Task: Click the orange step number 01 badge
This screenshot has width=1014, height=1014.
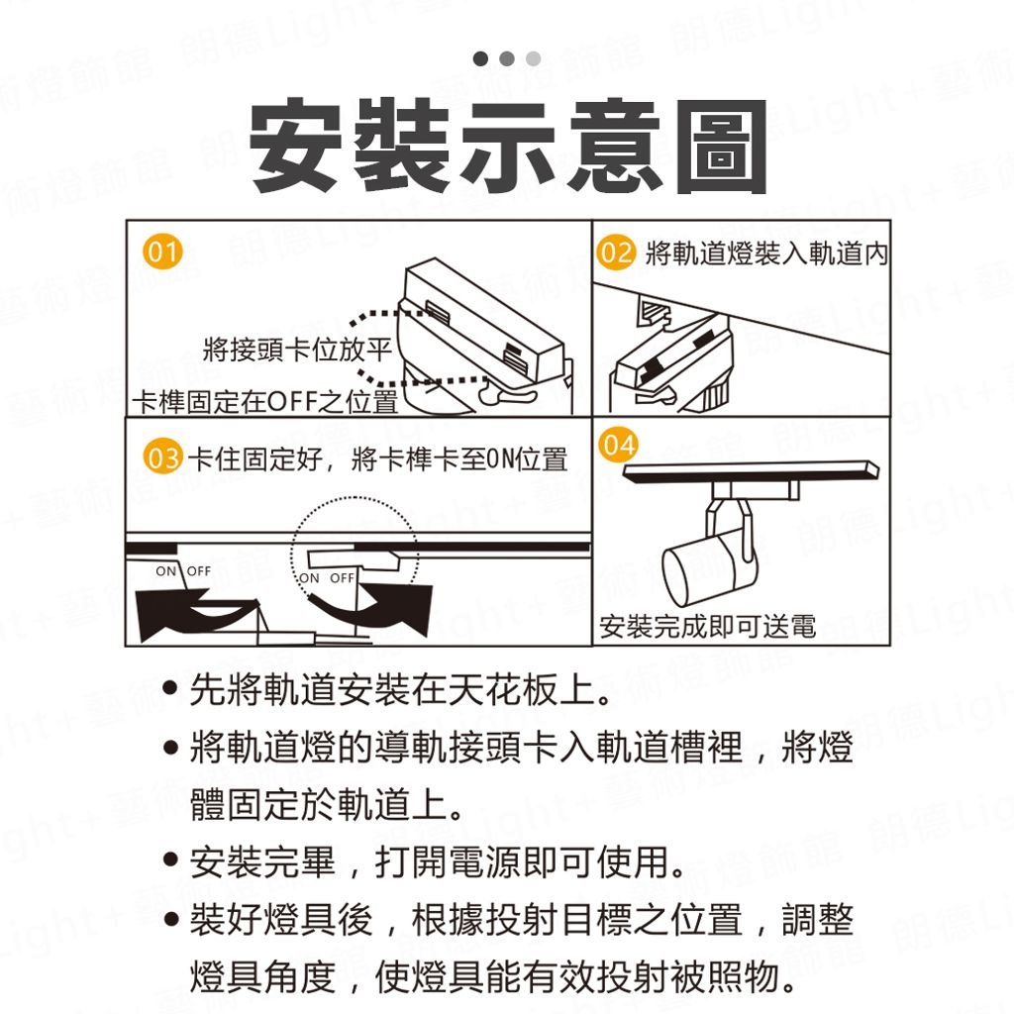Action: [163, 252]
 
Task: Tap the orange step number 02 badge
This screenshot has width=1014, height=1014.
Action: [616, 253]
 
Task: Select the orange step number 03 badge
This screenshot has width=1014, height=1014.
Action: [163, 456]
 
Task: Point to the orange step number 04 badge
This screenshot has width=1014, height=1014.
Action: [619, 445]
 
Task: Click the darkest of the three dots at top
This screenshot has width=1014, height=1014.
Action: [480, 58]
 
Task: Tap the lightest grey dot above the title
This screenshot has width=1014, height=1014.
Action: [534, 58]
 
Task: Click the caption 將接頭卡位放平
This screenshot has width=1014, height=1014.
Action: [297, 350]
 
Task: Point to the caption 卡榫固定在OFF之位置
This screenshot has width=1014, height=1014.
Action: [265, 402]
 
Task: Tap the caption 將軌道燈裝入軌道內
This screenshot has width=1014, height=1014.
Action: [767, 253]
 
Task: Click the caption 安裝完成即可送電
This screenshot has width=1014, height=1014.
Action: [707, 626]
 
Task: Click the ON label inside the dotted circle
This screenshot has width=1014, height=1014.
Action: [309, 578]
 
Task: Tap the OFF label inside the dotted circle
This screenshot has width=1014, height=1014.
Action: [342, 578]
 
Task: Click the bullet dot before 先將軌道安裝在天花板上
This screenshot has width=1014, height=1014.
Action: [170, 689]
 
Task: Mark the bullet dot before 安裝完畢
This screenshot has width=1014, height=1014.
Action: [170, 861]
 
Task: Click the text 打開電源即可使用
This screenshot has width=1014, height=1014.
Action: [529, 862]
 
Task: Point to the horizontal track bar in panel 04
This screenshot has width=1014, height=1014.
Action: [751, 470]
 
